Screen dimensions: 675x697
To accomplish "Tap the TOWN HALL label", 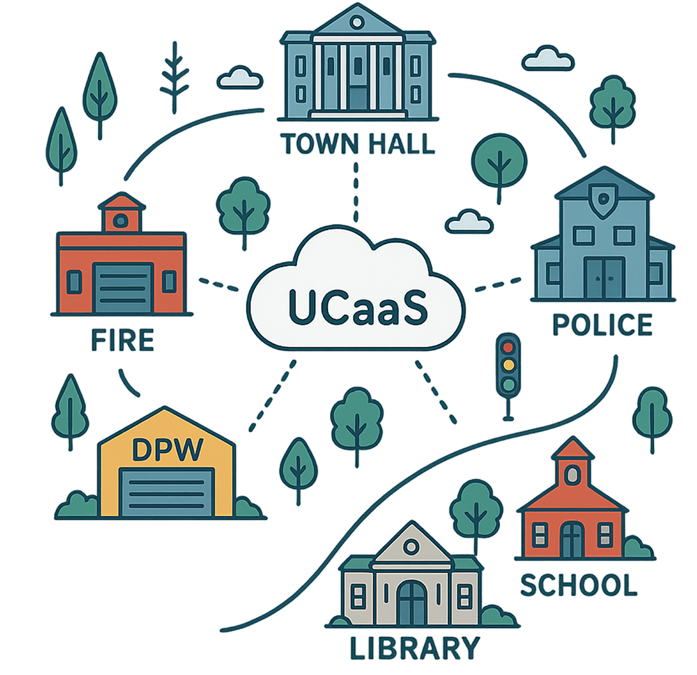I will (358, 144).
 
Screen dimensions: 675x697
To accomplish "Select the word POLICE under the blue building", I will (601, 324).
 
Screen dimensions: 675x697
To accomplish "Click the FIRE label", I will (122, 341).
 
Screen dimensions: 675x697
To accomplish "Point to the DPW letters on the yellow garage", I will (167, 450).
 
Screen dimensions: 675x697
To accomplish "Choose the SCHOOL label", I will (578, 585).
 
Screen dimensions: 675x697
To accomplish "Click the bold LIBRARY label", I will (414, 649).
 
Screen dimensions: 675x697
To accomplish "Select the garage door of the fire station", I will (123, 288).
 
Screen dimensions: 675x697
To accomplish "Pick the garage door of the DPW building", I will (167, 492).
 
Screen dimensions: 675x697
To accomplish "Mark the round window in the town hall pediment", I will (357, 23).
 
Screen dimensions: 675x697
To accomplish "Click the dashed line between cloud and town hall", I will (356, 190).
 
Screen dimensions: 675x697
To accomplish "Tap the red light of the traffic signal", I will (508, 346).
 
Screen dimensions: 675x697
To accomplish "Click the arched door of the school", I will (572, 539).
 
